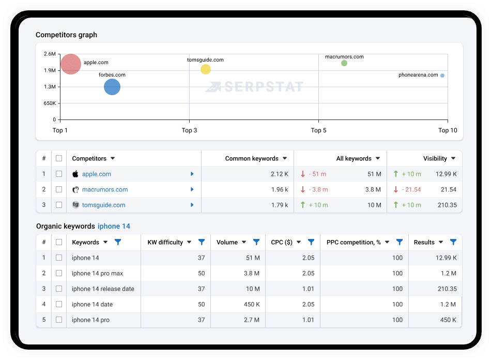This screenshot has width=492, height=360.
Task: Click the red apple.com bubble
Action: point(71,64)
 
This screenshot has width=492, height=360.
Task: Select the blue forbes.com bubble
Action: point(112,87)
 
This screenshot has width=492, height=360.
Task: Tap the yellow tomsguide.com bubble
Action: point(206,69)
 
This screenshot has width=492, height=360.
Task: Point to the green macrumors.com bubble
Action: point(344,63)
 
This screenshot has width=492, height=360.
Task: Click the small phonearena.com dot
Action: point(442,76)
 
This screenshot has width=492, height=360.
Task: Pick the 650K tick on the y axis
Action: point(50,103)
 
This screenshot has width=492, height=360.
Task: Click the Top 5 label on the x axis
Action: point(318,130)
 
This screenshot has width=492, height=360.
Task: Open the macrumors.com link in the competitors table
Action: point(105,189)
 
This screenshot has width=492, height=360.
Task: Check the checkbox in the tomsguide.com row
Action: point(59,205)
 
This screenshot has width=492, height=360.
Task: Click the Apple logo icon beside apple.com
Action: point(75,174)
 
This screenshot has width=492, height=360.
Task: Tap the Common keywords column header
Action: point(252,158)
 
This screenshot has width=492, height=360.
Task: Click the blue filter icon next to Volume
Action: point(256,242)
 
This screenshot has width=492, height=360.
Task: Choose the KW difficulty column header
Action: point(165,242)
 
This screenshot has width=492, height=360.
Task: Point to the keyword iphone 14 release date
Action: point(103,289)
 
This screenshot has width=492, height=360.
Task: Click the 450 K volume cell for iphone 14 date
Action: point(252,305)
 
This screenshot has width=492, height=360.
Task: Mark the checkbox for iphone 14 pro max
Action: point(59,273)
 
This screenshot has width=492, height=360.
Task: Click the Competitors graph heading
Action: point(67,35)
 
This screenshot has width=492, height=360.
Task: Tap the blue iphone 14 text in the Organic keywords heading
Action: point(114,226)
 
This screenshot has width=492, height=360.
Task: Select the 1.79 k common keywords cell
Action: point(280,205)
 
